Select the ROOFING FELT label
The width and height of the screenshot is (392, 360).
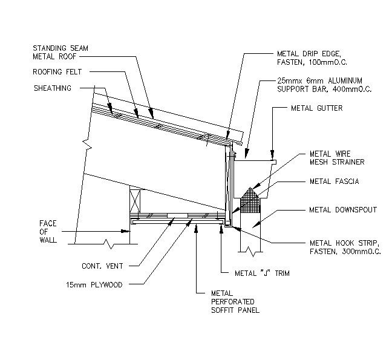(57, 71)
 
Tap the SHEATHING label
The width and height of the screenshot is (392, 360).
(52, 88)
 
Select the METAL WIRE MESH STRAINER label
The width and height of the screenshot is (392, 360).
(330, 158)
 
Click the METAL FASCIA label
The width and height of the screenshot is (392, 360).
(334, 181)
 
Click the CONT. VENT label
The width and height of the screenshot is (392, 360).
(103, 266)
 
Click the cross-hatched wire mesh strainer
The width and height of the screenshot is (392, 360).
(250, 199)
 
